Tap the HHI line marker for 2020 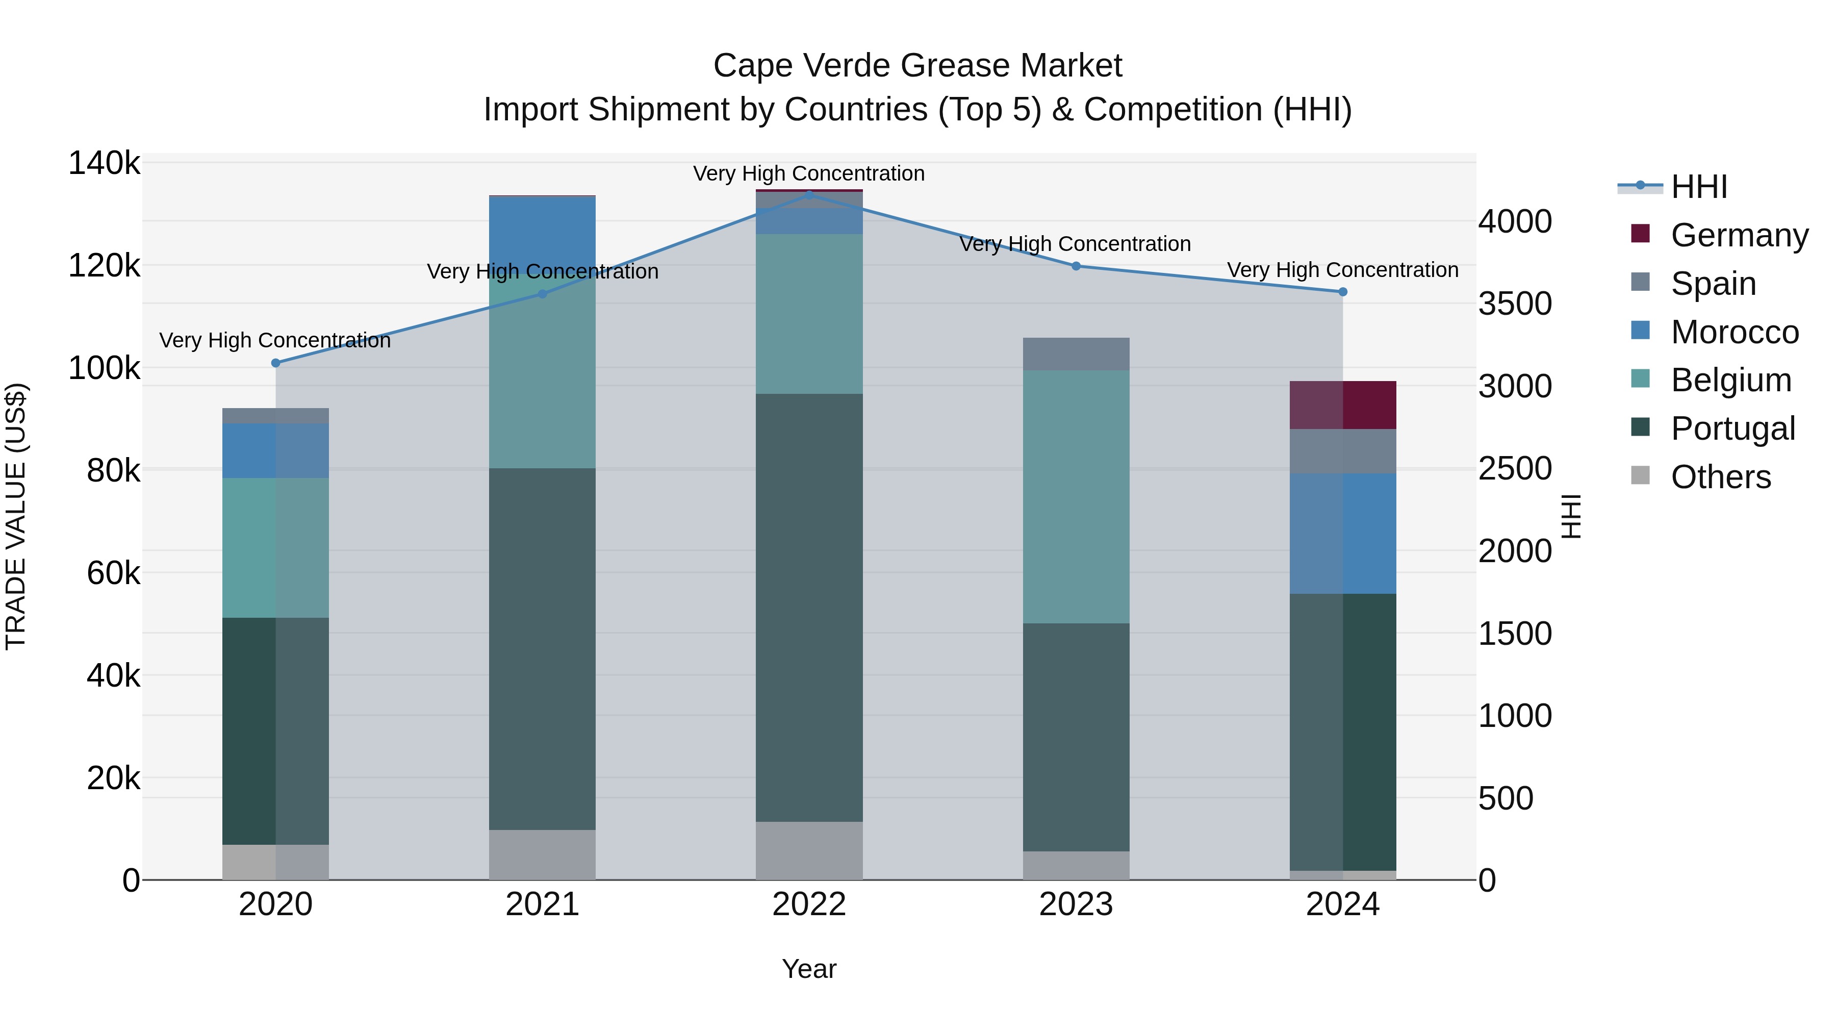(x=276, y=363)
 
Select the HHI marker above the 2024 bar (x=1343, y=292)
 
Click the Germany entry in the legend (x=1739, y=235)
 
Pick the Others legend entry (x=1721, y=477)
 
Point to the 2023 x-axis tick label (x=1076, y=904)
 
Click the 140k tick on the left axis (x=104, y=163)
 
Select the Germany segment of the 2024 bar (x=1343, y=405)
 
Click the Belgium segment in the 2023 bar (x=1076, y=496)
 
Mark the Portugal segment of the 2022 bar (x=809, y=608)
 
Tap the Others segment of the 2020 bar (x=276, y=862)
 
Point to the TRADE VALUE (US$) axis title (x=16, y=516)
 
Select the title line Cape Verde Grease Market (x=917, y=66)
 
